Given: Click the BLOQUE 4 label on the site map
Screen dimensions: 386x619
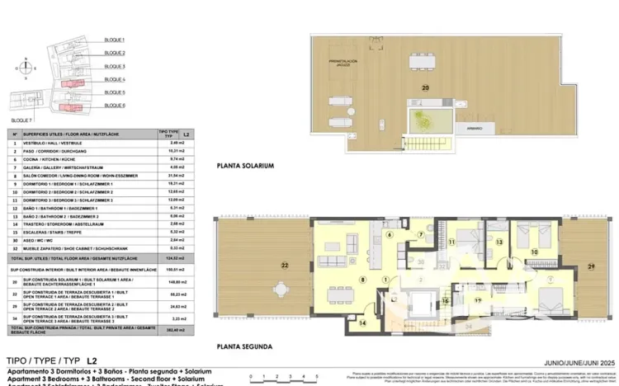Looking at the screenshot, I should click(115, 79).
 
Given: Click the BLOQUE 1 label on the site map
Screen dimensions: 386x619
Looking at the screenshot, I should click(115, 40).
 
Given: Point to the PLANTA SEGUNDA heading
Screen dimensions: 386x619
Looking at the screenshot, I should click(244, 347).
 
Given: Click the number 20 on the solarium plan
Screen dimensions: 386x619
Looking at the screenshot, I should click(425, 87).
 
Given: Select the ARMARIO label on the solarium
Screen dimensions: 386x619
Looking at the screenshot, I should click(473, 129).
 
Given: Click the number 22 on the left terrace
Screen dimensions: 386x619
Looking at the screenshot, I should click(284, 266).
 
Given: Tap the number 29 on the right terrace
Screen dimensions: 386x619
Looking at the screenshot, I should click(590, 266).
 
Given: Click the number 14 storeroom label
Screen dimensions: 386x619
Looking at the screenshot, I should click(362, 323).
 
